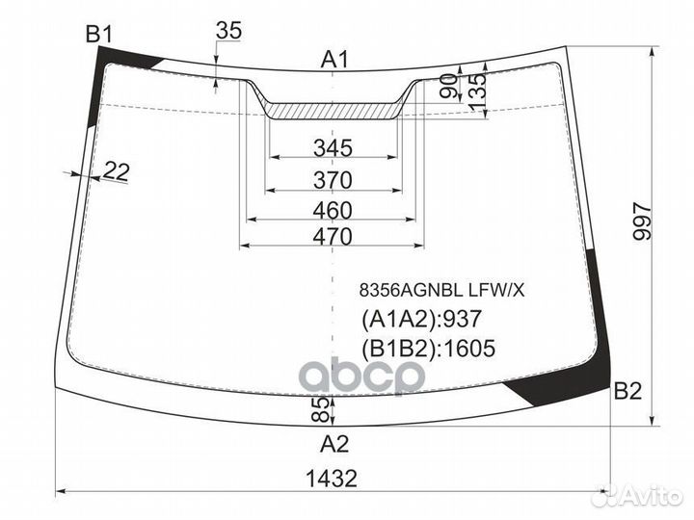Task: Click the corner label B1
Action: (x=99, y=34)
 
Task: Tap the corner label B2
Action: (x=627, y=391)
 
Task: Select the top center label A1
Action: (x=334, y=60)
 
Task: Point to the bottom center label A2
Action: (x=334, y=444)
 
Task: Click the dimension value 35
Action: (x=228, y=31)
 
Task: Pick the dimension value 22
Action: (x=116, y=171)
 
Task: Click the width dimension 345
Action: (x=333, y=147)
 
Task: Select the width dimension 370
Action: (x=333, y=180)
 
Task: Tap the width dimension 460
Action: (x=333, y=211)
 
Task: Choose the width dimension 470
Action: (x=333, y=237)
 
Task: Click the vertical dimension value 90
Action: (x=449, y=87)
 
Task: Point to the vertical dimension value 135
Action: (x=477, y=92)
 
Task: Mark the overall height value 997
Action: (x=642, y=221)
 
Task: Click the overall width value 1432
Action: (x=332, y=479)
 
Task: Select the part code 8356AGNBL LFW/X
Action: (x=441, y=291)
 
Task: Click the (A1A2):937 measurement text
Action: (x=421, y=319)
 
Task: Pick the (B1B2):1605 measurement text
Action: (x=428, y=348)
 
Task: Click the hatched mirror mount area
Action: (x=333, y=112)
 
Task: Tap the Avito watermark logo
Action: (x=637, y=496)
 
